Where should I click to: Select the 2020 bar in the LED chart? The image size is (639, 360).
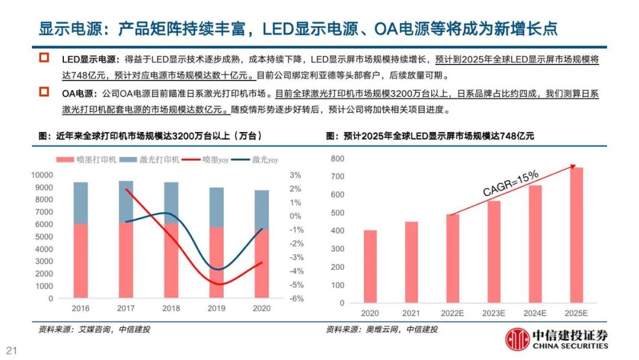[370, 266]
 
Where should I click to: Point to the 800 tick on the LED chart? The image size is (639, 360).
[338, 159]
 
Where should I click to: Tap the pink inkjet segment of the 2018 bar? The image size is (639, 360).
[171, 261]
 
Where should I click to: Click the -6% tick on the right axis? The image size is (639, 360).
[296, 298]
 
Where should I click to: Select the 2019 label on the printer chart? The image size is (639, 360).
[216, 308]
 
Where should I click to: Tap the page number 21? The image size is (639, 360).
[11, 349]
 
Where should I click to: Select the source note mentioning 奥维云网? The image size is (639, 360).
[382, 329]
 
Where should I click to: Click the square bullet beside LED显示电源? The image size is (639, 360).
[44, 58]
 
